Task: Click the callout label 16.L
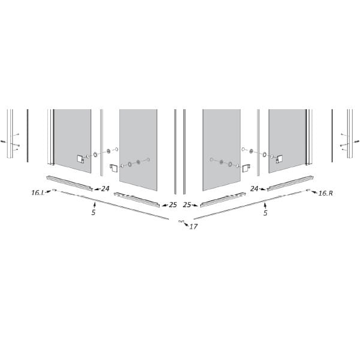click(x=38, y=193)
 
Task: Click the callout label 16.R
click(x=326, y=193)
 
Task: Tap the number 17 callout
click(x=193, y=227)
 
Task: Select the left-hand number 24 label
click(x=105, y=189)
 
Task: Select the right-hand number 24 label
click(x=254, y=189)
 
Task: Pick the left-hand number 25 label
click(x=173, y=205)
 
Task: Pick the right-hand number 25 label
click(x=187, y=205)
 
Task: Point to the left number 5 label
click(x=93, y=212)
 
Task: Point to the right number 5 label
click(x=265, y=213)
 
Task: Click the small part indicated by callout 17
click(x=181, y=221)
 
